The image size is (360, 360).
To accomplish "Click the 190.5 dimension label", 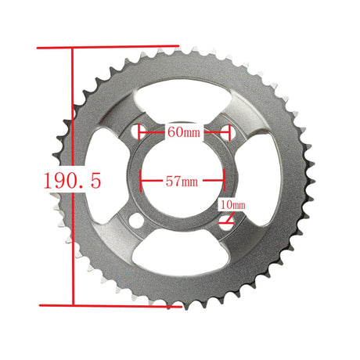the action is coord(72,181).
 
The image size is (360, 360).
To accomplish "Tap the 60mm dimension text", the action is coord(184,131).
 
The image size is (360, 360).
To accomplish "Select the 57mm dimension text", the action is coord(182,181).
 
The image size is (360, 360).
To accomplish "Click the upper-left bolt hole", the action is coord(137,131).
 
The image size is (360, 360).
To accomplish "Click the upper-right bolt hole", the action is coord(229,132).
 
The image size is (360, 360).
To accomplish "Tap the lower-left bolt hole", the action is coord(136,221).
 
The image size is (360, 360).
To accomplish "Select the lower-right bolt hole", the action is coord(226,223).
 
